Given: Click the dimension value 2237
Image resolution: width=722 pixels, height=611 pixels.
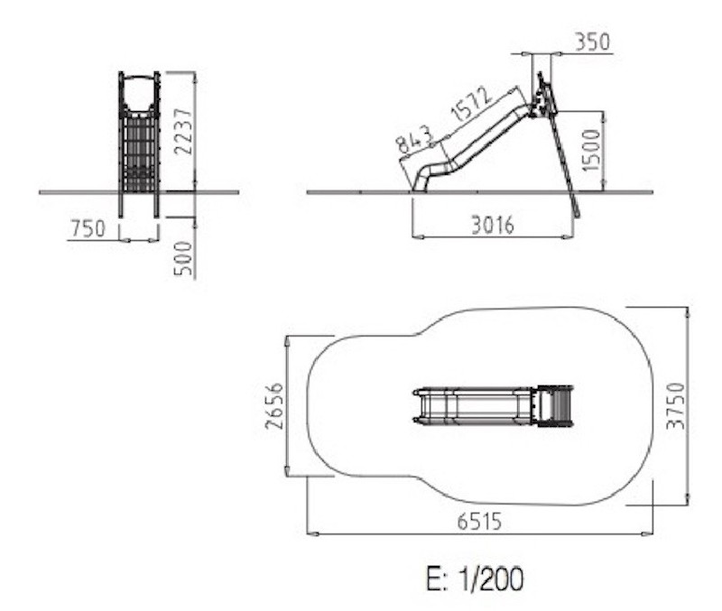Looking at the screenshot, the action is [184, 131].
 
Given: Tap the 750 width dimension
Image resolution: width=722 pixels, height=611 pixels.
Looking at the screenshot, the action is [88, 228].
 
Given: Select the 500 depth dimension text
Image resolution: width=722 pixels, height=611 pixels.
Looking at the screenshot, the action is [183, 258].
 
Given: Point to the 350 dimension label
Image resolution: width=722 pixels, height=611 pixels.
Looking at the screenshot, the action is [593, 42].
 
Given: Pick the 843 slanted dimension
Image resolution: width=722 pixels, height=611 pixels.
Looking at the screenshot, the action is [415, 139].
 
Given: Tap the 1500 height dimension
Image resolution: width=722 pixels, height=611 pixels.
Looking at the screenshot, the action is [592, 150].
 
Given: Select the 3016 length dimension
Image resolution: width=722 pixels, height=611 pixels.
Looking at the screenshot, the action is [493, 226].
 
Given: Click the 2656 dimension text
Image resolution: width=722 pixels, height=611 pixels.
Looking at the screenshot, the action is [274, 406].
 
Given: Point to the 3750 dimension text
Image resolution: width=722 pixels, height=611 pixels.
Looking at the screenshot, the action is [676, 406].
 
